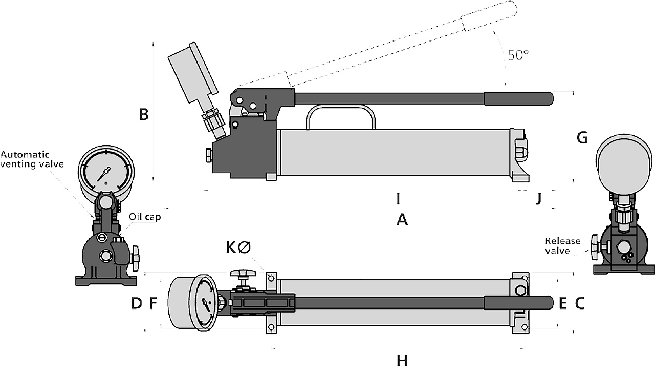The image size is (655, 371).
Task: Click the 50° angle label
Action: coord(518,55)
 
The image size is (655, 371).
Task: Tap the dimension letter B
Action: coord(144,114)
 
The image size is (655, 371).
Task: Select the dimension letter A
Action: coord(402,220)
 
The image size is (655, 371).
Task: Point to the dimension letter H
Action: coord(402,361)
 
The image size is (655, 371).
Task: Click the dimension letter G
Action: coord(582,137)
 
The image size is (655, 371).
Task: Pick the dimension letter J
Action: coord(538,198)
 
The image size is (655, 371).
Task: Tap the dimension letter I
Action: coord(398,198)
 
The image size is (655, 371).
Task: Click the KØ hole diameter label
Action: coord(238,248)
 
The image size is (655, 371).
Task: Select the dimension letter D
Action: coord(136,303)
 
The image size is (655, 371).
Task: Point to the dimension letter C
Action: coord(580,303)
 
